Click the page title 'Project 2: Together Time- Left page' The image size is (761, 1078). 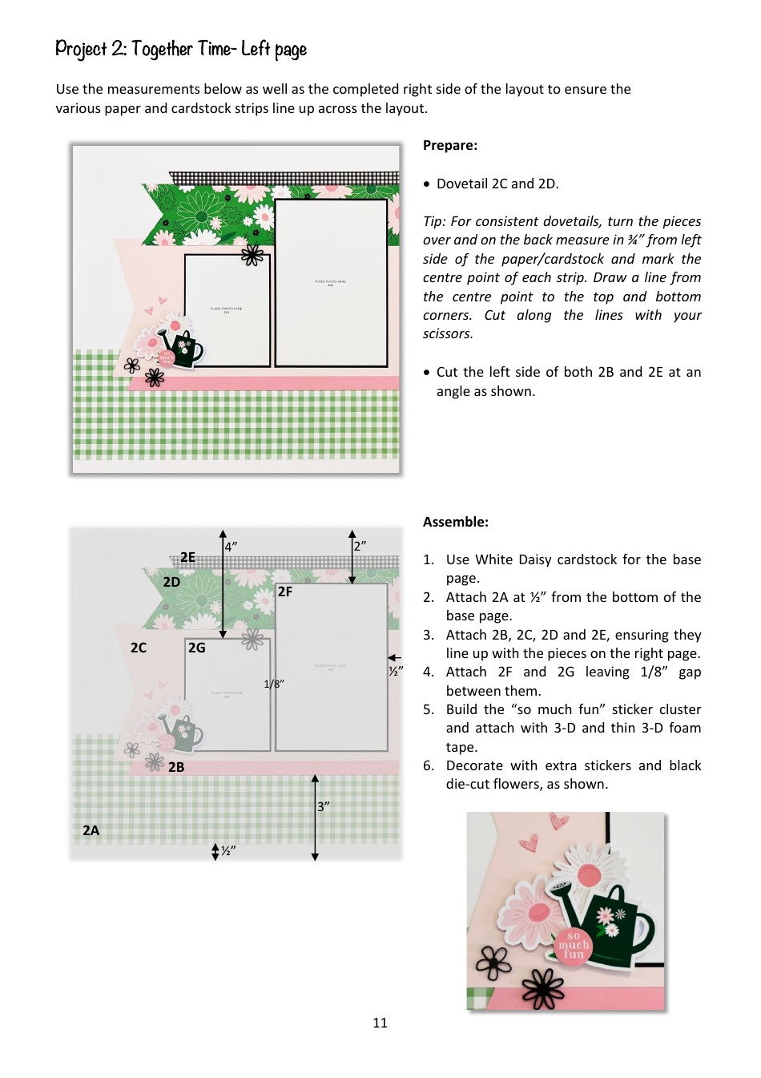coord(181,50)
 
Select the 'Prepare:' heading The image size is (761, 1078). coord(449,145)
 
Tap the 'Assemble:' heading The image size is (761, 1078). coord(455,522)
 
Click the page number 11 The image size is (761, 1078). coord(380,1023)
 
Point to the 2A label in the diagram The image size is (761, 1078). coord(91,830)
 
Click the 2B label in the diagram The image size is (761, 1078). coord(176,767)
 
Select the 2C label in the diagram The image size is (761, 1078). coord(139,648)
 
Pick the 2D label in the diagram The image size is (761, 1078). coord(171,582)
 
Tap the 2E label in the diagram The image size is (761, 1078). coord(187,557)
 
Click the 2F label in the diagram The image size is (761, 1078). coord(285,591)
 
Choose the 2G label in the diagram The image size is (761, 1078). coord(197,648)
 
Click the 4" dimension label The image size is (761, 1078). coord(231,547)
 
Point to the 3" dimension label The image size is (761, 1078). coord(323,806)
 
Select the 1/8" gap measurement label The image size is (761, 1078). coord(274,684)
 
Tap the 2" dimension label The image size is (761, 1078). coord(360,546)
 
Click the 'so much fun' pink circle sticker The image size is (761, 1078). coord(574,945)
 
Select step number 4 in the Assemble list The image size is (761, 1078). coord(429,672)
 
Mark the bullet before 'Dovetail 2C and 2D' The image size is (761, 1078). coord(427,184)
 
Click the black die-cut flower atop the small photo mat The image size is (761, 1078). coord(252,255)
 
